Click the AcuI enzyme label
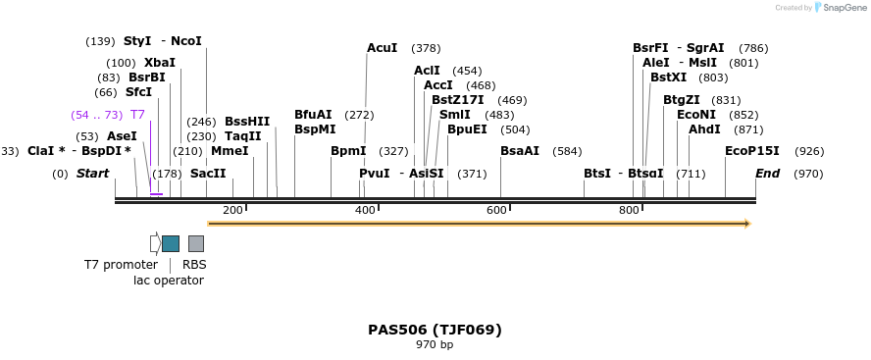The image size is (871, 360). pos(382,48)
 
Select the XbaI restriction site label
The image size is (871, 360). pos(160,63)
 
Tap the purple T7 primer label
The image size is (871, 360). pos(137,115)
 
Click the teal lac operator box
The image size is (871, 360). pos(171,243)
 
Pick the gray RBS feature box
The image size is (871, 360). pos(196,243)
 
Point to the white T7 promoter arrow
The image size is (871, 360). pos(155,243)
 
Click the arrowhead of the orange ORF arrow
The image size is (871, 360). pos(746,224)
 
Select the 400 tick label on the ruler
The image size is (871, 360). pos(366,211)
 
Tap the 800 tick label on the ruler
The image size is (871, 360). pos(629,211)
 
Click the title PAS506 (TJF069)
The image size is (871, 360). pos(435,330)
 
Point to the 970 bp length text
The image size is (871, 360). pos(435,345)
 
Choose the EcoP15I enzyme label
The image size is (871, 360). pos(751,151)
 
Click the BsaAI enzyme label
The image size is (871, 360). pos(520,151)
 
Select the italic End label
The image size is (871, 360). pos(767,174)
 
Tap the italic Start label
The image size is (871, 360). pos(93,174)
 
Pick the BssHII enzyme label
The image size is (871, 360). pos(247,122)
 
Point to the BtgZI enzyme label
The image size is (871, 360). pos(682,100)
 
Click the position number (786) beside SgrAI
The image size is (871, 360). pos(753,48)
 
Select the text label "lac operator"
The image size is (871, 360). pos(169,281)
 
